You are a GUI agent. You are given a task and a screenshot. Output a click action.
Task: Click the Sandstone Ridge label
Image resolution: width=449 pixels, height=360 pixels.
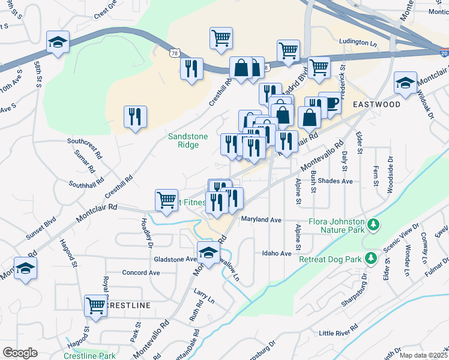pos(187,140)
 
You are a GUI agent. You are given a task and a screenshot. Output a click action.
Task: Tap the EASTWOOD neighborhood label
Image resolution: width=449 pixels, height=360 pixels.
pos(376,104)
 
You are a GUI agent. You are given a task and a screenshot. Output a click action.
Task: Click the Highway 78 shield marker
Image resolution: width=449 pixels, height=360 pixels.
pos(175,53)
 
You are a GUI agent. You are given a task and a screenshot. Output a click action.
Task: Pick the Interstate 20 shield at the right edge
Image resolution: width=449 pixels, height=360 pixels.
pos(443,52)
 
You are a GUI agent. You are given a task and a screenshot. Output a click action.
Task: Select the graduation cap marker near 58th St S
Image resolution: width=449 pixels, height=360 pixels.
pos(58,42)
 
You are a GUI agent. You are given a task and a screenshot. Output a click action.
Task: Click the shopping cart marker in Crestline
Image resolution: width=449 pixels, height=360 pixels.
pos(95,306)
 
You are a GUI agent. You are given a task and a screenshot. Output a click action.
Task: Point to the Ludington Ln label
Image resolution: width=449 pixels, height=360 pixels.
pos(358,43)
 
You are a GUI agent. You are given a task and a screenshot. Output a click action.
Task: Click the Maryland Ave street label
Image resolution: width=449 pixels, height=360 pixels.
pos(261,220)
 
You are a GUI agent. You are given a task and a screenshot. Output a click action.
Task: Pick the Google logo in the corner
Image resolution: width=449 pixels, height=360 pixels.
pos(19,353)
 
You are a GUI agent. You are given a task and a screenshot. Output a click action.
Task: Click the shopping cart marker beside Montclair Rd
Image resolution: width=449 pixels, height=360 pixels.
pos(166,200)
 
